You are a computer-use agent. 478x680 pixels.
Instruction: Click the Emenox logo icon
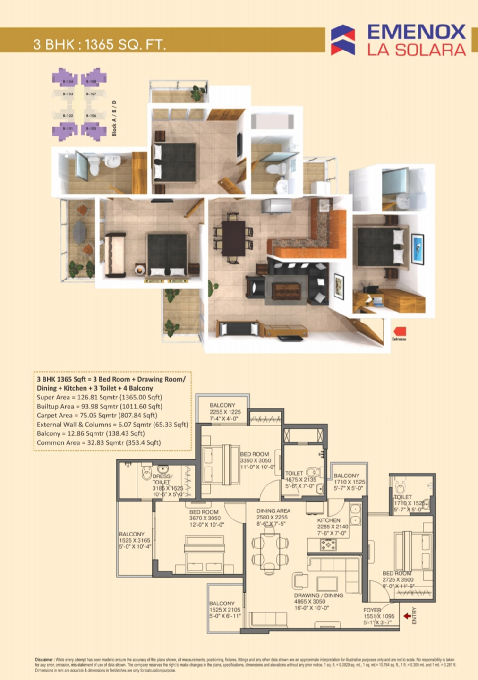click(342, 40)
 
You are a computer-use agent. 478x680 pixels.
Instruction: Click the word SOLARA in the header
click(430, 50)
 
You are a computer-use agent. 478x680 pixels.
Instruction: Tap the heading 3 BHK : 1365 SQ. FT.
click(100, 44)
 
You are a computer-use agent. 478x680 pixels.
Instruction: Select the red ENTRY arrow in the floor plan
click(407, 616)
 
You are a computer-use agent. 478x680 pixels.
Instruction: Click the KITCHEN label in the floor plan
click(329, 520)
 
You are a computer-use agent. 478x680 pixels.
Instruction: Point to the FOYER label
click(372, 610)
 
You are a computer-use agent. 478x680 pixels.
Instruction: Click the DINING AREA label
click(273, 511)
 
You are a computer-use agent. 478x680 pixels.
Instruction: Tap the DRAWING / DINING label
click(318, 595)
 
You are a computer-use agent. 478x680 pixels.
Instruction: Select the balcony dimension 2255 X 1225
click(225, 412)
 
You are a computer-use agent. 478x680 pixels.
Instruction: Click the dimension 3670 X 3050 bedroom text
click(205, 518)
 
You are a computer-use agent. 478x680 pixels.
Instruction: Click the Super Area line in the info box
click(99, 398)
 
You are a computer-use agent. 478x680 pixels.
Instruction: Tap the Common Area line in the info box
click(99, 443)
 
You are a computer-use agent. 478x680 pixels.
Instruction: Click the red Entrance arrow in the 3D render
click(400, 332)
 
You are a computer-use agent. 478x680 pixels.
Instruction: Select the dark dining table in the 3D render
click(233, 238)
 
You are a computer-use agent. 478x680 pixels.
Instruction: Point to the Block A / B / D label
click(114, 118)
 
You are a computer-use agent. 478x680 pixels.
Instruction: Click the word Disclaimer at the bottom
click(44, 660)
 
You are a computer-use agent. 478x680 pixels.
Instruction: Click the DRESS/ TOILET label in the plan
click(162, 479)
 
